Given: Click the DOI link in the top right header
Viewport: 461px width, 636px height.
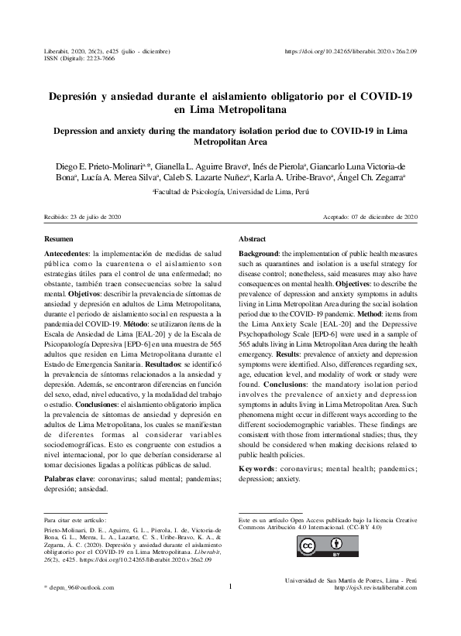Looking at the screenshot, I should (352, 50).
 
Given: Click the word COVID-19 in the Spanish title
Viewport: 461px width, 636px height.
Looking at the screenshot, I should (387, 97).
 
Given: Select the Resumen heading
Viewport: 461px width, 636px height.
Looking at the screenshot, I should (58, 240).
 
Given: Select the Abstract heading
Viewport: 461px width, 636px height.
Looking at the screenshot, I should (253, 240).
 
